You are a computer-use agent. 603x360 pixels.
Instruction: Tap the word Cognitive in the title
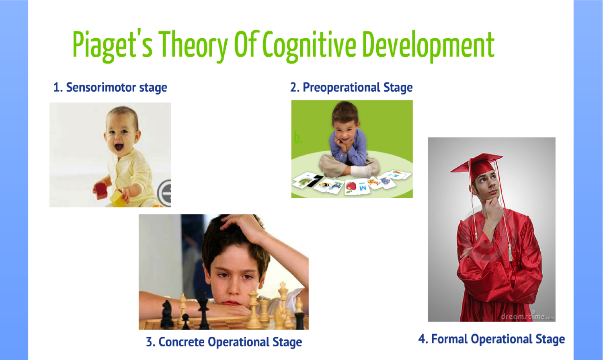309,45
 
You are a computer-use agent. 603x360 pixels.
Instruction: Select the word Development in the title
428,45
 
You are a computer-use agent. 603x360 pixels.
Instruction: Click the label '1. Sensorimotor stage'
110,87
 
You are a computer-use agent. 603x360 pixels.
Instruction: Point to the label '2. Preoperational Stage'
351,87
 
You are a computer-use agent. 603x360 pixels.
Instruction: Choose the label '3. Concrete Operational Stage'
224,342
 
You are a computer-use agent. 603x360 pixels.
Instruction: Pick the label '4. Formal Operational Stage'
491,339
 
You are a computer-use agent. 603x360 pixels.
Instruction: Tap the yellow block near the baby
117,197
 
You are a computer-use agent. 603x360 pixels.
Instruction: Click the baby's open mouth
119,146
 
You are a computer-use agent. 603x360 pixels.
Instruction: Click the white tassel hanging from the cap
511,253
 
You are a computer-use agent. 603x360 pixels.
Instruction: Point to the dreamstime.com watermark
527,316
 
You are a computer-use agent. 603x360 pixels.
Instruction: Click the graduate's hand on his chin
491,208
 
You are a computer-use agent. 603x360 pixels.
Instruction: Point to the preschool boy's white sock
360,171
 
